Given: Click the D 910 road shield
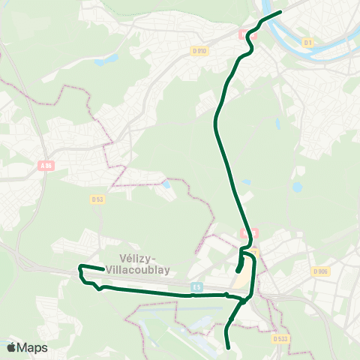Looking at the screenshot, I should pos(199,50).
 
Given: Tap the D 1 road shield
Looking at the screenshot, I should pos(307,43).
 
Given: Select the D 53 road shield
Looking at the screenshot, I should pos(97,199).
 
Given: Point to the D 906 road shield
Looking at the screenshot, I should pos(320,271).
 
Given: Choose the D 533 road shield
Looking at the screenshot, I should pos(280,338).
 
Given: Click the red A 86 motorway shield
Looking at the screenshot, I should pos(46,166).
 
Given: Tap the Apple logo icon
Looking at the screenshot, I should pos(11,347).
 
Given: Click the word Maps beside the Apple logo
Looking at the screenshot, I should pos(33,347).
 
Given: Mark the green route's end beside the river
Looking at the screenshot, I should pos(280,12).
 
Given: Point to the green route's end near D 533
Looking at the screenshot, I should pos(228,347).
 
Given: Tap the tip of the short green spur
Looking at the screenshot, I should pos(238,271).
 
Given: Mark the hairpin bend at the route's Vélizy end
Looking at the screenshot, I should pos(79,266).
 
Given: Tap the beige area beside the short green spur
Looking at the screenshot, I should pos(246,277).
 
